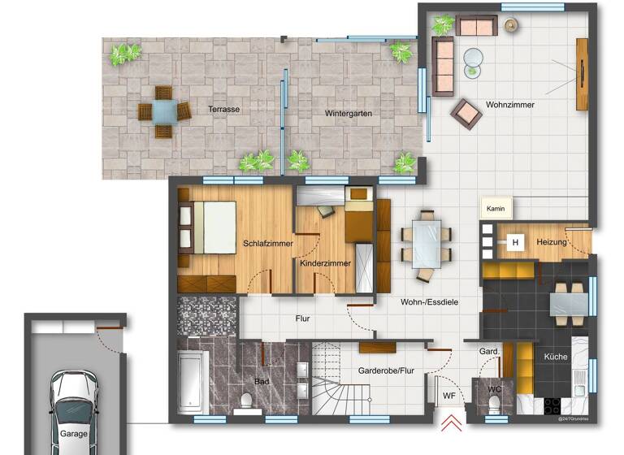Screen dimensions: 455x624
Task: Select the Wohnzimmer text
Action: coord(510,105)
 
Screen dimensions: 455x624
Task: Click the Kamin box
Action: coord(496,209)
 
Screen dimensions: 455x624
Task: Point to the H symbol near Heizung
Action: coord(513,242)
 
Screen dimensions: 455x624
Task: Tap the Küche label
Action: coord(556,357)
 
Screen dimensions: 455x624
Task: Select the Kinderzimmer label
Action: coord(325,263)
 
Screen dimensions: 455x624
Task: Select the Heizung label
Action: coord(551,243)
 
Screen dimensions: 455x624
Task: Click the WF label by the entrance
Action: coord(448,396)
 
